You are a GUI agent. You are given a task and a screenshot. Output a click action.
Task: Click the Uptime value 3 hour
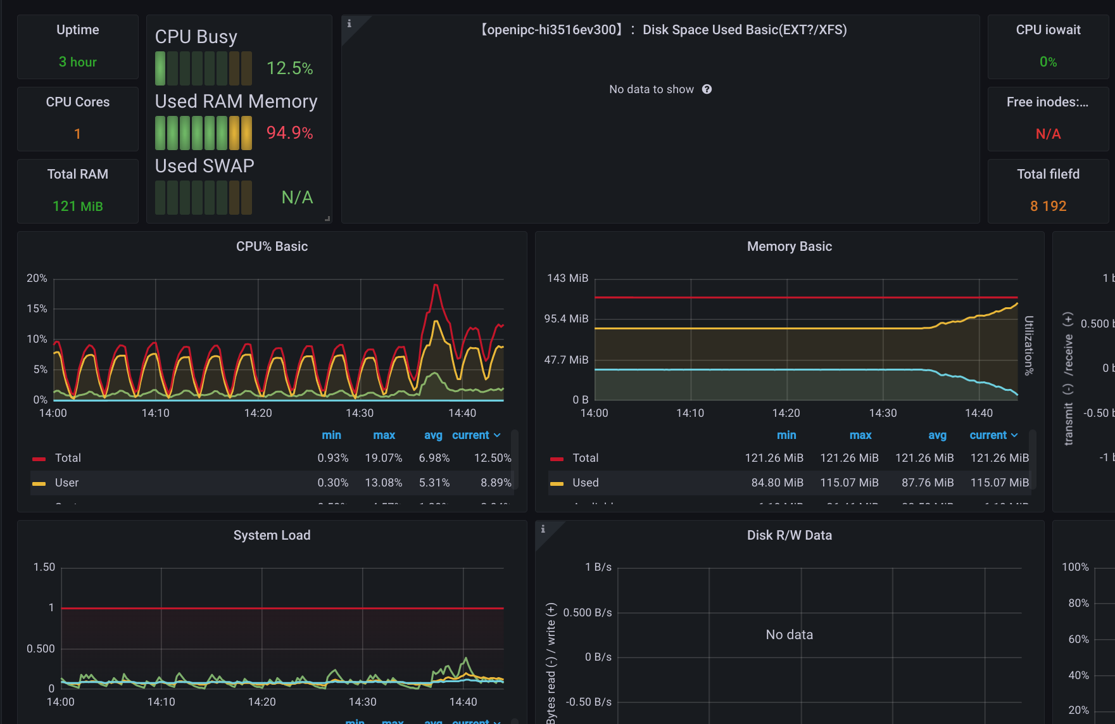[77, 62]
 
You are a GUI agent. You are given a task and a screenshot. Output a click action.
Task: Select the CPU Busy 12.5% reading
[289, 68]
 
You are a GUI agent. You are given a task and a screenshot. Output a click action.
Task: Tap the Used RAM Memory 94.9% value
[289, 133]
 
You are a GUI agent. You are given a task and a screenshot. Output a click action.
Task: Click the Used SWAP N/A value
[297, 198]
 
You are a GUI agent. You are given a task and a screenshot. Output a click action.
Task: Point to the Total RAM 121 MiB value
[77, 206]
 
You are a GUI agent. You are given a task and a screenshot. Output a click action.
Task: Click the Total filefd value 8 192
[1048, 206]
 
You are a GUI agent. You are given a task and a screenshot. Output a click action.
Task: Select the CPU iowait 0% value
[1048, 62]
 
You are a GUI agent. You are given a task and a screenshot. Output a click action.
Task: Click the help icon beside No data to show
[707, 89]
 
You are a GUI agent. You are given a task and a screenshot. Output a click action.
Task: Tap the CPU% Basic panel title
[272, 246]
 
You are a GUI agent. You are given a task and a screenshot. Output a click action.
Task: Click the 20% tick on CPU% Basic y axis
[37, 278]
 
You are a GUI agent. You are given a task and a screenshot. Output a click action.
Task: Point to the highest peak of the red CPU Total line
[436, 286]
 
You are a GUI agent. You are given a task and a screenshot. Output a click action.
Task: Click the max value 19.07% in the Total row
[383, 458]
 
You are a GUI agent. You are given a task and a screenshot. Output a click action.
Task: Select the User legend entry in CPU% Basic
[66, 483]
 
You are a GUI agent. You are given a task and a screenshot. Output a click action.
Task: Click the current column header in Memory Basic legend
[988, 435]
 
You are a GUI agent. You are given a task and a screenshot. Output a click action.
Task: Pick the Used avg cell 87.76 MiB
[927, 483]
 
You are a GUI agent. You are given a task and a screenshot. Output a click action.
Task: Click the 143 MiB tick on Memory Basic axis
[567, 278]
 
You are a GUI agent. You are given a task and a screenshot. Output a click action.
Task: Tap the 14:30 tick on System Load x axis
[362, 702]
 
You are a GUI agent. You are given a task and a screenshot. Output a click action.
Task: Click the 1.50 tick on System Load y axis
[44, 567]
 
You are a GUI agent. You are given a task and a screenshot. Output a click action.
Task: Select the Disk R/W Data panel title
[789, 535]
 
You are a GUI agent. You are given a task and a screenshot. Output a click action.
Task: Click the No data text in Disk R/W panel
[789, 635]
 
